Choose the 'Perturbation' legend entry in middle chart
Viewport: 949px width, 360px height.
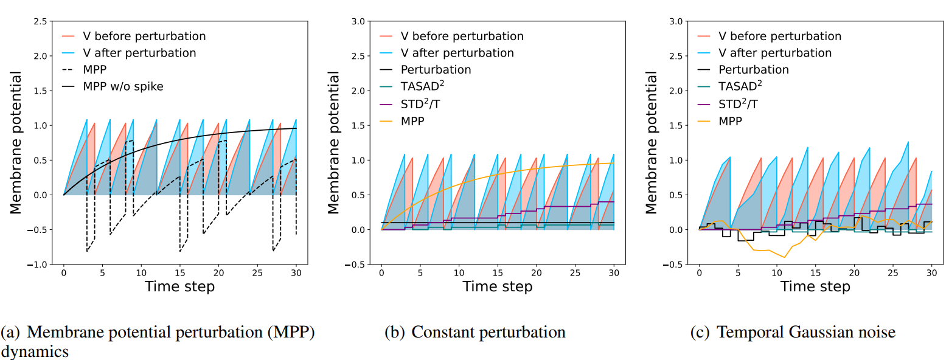click(x=436, y=70)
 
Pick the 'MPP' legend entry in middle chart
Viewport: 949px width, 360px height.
click(x=412, y=120)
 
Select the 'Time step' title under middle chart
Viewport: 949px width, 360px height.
click(x=498, y=286)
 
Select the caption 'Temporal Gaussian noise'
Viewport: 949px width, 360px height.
click(x=805, y=332)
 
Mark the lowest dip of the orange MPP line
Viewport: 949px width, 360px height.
click(x=784, y=257)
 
